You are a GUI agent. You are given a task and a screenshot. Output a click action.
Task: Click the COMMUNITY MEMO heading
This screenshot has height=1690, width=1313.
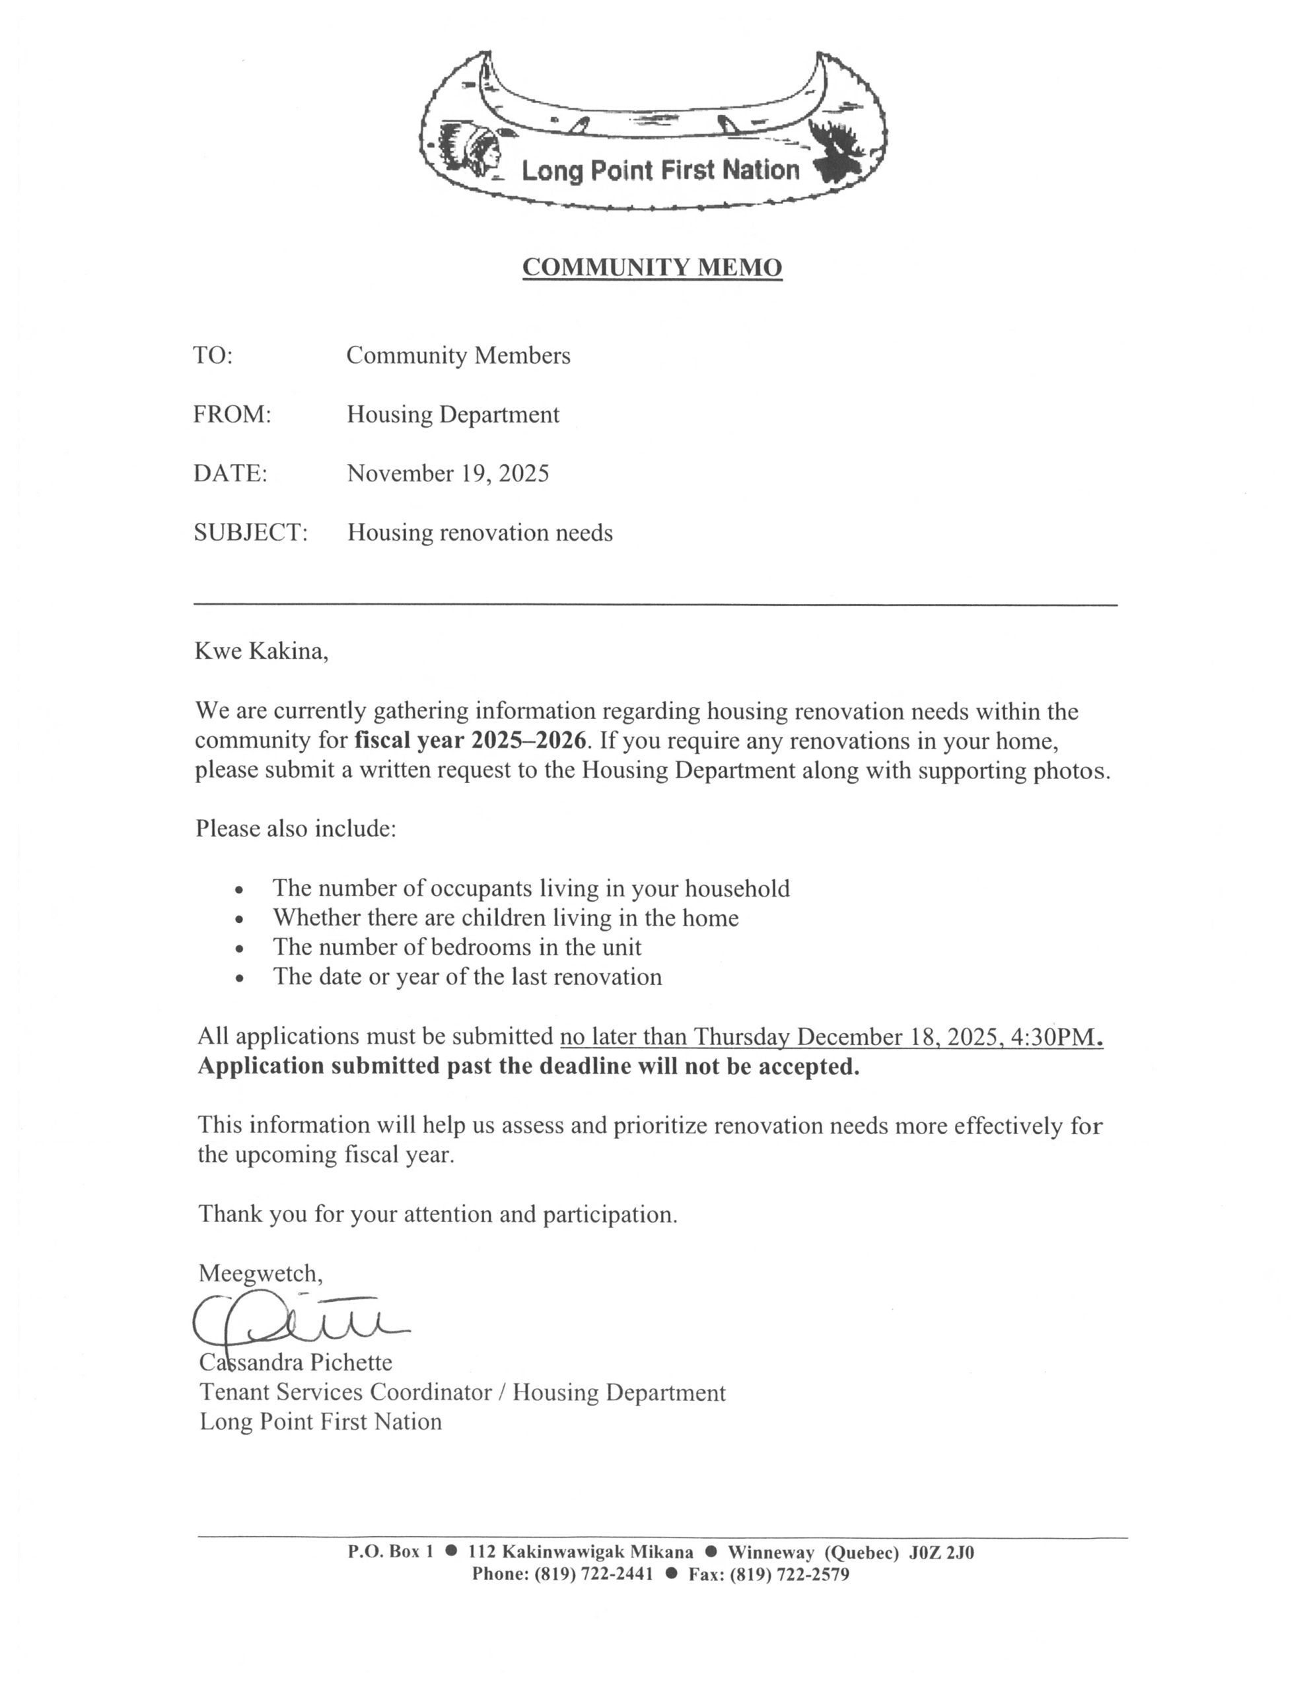point(652,267)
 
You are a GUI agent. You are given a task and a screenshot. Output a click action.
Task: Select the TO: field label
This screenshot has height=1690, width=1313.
point(213,355)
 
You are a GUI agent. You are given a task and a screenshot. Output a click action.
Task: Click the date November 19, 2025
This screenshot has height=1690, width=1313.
point(448,473)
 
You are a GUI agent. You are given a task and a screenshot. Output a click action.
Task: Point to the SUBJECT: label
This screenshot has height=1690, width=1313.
point(250,532)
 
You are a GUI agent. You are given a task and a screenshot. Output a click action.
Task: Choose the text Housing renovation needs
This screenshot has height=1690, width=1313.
point(479,532)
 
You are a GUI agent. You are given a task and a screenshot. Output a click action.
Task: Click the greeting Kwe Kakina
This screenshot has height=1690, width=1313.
point(261,651)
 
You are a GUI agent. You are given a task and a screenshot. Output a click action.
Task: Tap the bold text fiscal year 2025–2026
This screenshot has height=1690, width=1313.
point(470,741)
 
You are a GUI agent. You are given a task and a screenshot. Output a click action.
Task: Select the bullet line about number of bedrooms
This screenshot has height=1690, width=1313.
point(457,947)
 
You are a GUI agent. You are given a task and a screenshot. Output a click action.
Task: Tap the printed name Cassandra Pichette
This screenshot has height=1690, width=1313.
point(296,1362)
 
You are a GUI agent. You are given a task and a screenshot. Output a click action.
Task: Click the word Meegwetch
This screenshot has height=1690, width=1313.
point(260,1273)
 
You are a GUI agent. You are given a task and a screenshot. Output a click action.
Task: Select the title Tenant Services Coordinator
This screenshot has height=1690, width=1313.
point(345,1392)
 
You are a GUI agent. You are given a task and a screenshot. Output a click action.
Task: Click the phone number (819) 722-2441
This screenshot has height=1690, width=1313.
point(593,1574)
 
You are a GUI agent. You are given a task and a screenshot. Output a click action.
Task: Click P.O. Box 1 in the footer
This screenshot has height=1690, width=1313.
point(390,1552)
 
